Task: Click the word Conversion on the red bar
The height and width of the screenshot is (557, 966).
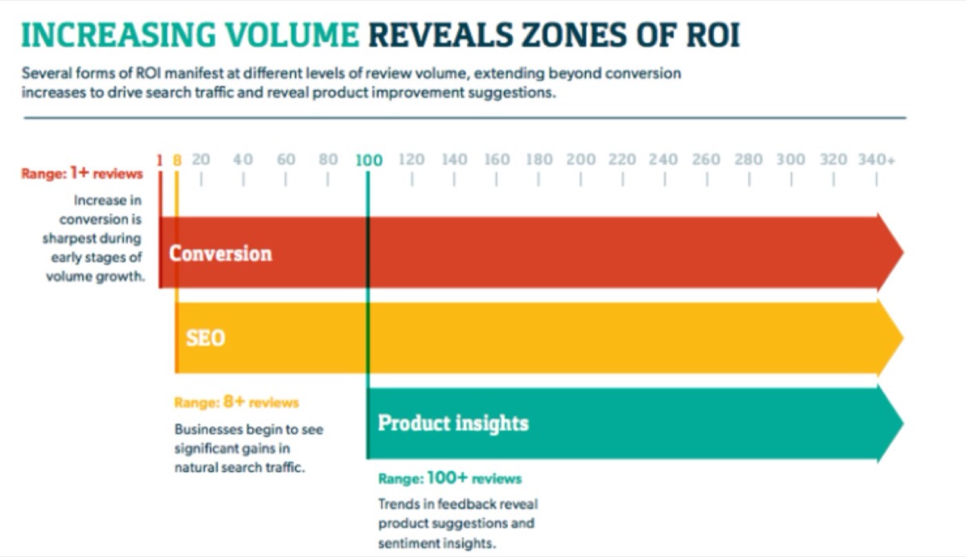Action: tap(220, 254)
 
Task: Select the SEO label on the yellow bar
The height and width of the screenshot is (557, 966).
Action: tap(205, 338)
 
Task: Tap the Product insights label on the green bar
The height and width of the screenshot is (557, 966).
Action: tap(453, 423)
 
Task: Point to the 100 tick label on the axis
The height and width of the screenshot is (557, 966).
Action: tap(369, 160)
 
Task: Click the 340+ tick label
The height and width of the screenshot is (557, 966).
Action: tap(876, 159)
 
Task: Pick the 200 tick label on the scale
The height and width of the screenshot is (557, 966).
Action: tap(580, 159)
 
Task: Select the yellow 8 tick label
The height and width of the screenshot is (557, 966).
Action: tap(178, 160)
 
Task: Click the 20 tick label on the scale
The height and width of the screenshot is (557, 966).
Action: tap(200, 159)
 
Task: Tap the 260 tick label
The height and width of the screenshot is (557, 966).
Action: tap(706, 159)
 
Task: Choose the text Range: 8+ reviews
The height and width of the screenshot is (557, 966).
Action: tap(236, 402)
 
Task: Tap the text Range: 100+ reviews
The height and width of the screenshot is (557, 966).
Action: tap(449, 479)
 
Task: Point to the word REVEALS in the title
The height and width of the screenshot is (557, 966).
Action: tap(431, 36)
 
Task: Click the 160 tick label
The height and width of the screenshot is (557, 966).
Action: tap(497, 159)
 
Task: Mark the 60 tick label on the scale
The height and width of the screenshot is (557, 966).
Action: tap(286, 159)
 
